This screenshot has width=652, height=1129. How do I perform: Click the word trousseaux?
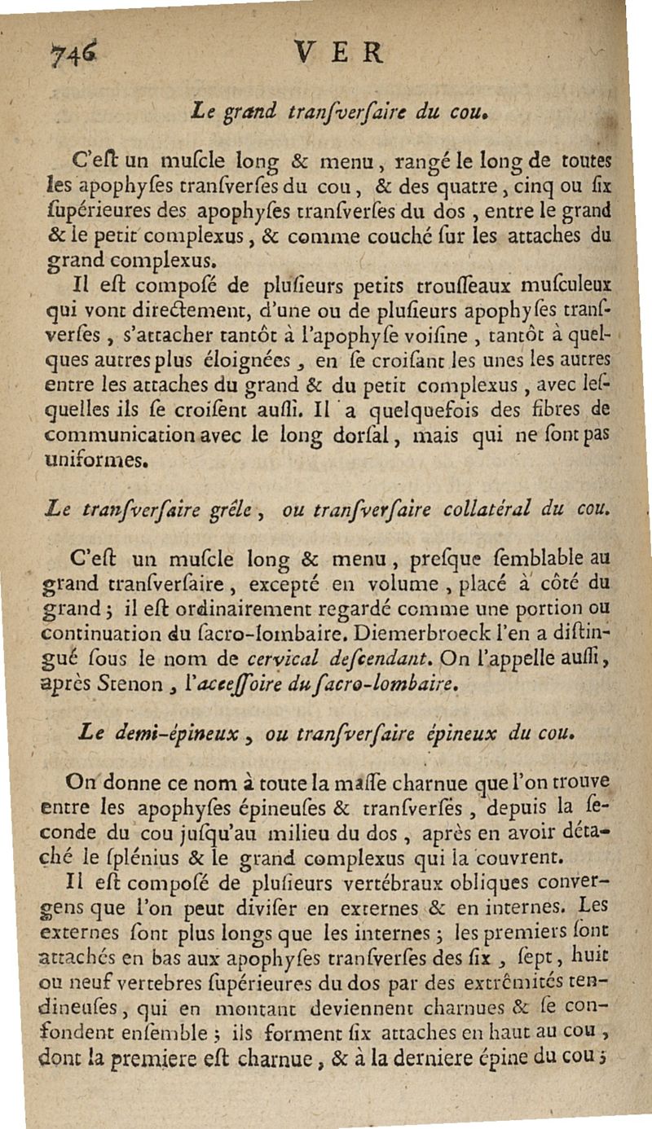(443, 288)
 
